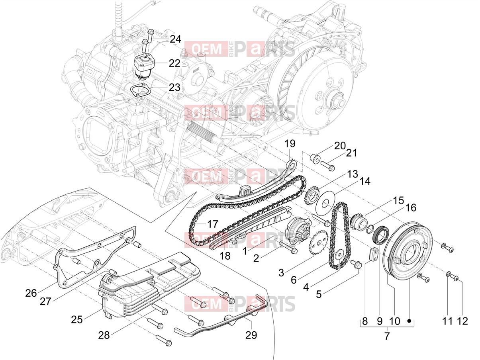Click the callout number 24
pos(175,39)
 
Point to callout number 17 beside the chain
pos(212,224)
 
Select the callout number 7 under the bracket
pos(387,336)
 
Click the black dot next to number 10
pos(409,321)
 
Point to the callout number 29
pos(251,335)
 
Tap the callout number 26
pos(31,293)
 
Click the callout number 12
pos(462,321)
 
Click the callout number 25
pos(77,319)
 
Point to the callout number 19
pos(290,144)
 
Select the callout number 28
pos(104,335)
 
